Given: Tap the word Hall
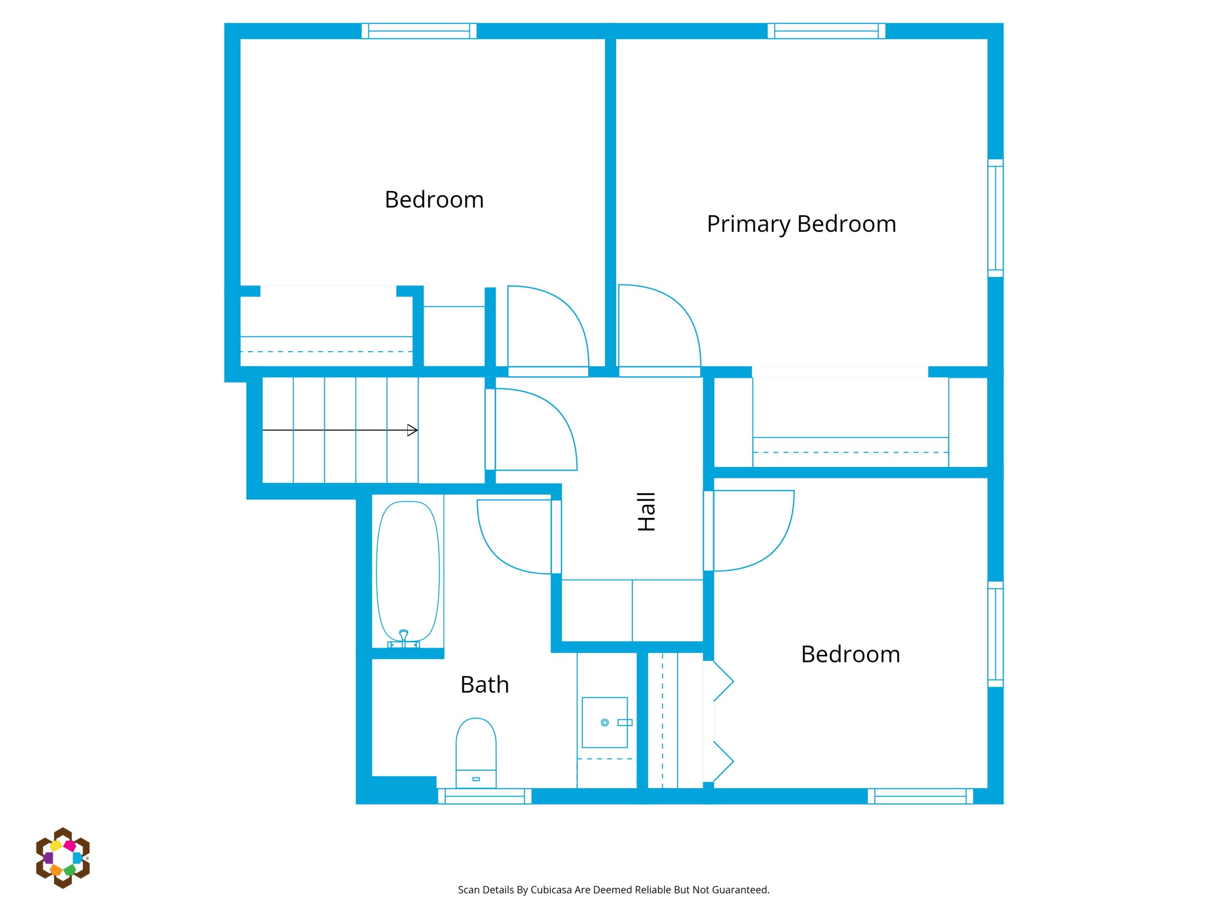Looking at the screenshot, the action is point(647,511).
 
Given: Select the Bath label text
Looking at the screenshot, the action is point(484,685).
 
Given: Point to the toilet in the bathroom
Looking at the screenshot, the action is point(476,753).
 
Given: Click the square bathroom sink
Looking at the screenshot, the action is point(604,722).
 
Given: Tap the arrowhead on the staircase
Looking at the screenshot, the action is point(412,430).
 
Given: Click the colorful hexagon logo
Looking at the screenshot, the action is point(63,858).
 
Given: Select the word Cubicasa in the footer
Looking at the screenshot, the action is point(551,890).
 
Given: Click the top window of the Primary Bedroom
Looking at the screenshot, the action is point(826,31).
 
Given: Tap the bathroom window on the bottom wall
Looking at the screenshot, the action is point(484,796).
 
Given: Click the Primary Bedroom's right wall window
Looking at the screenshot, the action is point(995,218).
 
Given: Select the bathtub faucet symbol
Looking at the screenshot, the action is point(403,638).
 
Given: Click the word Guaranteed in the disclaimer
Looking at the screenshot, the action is point(741,890).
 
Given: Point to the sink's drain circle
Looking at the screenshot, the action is point(604,722).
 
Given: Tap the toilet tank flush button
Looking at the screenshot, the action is point(476,779).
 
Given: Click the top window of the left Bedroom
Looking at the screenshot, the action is point(419,31).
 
